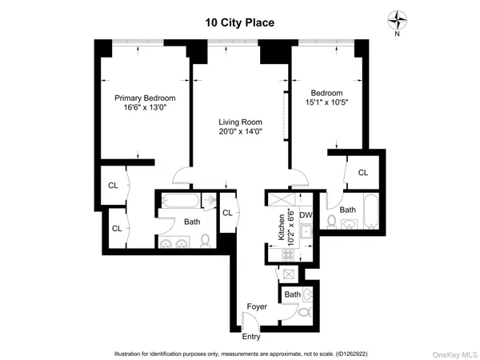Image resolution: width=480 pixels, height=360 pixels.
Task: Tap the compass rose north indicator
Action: pyautogui.click(x=397, y=20)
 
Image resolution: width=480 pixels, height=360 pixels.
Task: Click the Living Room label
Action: pyautogui.click(x=240, y=122)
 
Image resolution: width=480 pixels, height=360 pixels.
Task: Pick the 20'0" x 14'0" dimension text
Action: pyautogui.click(x=240, y=133)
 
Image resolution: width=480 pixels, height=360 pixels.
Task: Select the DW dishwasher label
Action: pyautogui.click(x=306, y=215)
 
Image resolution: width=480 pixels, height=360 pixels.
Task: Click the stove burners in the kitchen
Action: pyautogui.click(x=284, y=254)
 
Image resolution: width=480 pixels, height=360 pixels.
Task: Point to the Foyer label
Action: pyautogui.click(x=256, y=306)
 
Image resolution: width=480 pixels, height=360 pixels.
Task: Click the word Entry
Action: pyautogui.click(x=251, y=336)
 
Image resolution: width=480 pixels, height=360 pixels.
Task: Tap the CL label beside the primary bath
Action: pyautogui.click(x=226, y=212)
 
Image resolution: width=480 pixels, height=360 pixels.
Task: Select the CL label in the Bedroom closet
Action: pyautogui.click(x=362, y=172)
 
